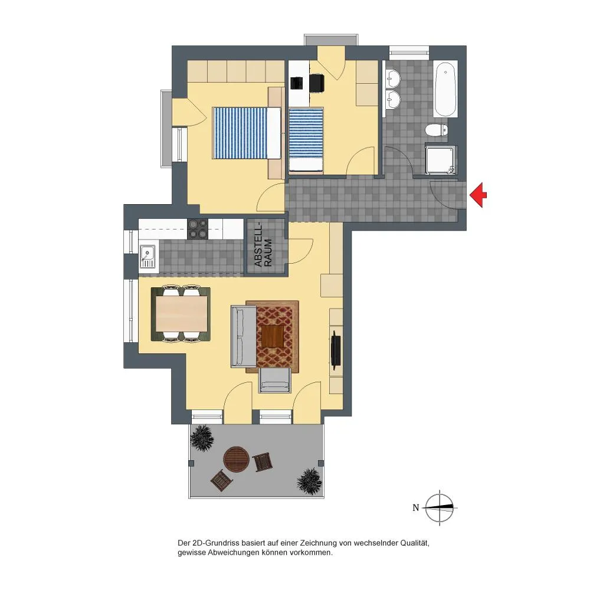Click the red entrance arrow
click(x=478, y=195)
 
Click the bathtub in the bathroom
click(x=445, y=89)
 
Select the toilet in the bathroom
click(x=437, y=130)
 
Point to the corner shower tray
click(x=441, y=160)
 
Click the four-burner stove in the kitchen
click(x=198, y=229)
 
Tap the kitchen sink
click(x=147, y=256)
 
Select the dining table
click(x=181, y=313)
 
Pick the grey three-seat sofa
click(x=244, y=336)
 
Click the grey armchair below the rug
click(x=275, y=381)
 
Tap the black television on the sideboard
click(x=335, y=349)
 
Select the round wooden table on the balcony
click(x=237, y=458)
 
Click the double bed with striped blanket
click(x=247, y=133)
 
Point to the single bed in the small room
click(x=306, y=140)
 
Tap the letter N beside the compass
click(x=415, y=507)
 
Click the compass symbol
click(x=440, y=507)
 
